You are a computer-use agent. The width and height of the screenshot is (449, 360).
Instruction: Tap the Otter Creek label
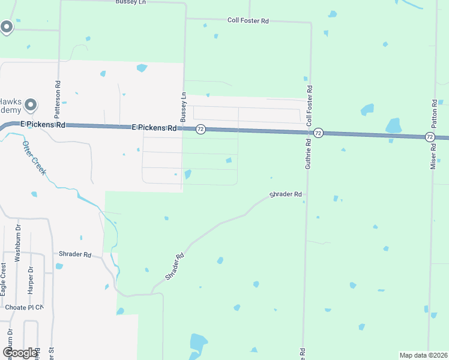34,158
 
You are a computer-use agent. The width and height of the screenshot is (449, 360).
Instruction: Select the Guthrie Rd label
308,153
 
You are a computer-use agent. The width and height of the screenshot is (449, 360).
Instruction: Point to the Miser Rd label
433,156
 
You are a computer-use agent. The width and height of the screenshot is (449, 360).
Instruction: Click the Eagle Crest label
4,279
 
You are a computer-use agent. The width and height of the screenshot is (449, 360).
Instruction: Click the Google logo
20,353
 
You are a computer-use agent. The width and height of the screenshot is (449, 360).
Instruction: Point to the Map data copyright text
423,355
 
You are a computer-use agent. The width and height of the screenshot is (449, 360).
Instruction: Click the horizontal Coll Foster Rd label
248,20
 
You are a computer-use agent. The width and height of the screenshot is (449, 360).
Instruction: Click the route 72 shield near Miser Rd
430,137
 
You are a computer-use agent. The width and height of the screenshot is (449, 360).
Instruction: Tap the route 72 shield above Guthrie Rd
318,133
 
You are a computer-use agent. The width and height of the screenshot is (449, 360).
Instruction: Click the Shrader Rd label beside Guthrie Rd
285,194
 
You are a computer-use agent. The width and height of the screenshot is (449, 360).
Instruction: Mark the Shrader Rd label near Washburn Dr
74,254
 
